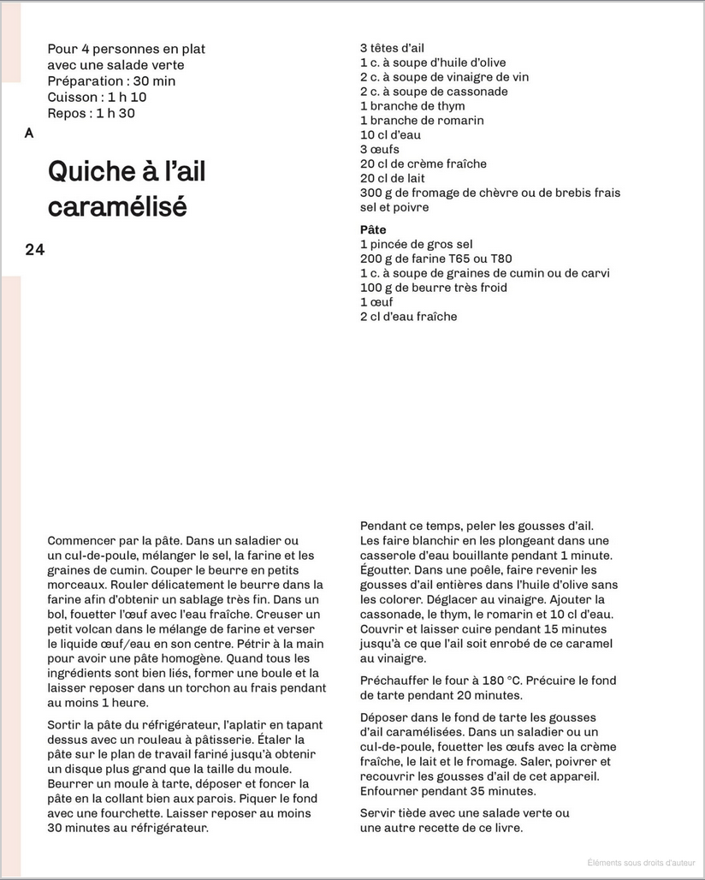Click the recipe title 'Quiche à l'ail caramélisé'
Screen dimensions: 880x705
[x=127, y=189]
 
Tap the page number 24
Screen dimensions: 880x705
[x=35, y=250]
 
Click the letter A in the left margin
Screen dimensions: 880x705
[x=30, y=134]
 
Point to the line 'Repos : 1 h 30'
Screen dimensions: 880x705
[x=91, y=113]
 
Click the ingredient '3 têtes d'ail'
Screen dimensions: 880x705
[x=392, y=48]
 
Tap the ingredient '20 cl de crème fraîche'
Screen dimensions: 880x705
[x=424, y=164]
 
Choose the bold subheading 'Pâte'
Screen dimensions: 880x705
[x=373, y=229]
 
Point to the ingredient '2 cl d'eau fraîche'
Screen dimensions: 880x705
[x=408, y=317]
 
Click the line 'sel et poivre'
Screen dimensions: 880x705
[x=394, y=207]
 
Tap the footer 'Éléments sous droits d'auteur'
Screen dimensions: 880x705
[x=641, y=863]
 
